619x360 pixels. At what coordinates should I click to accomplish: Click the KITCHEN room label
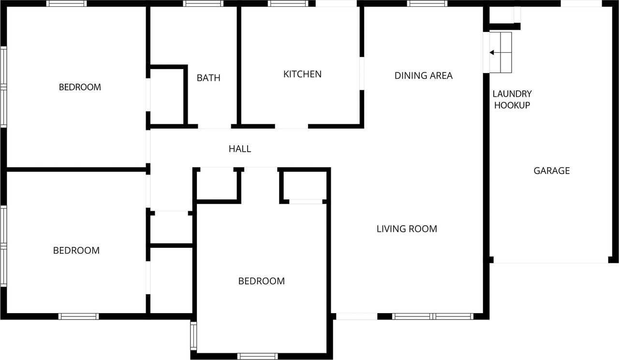pyautogui.click(x=302, y=74)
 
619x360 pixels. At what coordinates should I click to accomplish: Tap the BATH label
pyautogui.click(x=208, y=78)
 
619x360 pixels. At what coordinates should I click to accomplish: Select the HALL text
pyautogui.click(x=240, y=149)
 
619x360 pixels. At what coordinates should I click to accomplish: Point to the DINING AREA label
pyautogui.click(x=424, y=75)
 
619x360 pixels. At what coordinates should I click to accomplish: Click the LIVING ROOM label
pyautogui.click(x=407, y=229)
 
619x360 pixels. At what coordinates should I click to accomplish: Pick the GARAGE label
pyautogui.click(x=552, y=171)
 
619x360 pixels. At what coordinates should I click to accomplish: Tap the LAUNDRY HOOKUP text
pyautogui.click(x=512, y=100)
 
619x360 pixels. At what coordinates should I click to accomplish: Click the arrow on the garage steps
pyautogui.click(x=494, y=53)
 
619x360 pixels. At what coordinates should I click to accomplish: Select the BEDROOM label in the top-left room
pyautogui.click(x=80, y=87)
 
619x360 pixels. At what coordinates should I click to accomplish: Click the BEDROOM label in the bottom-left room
pyautogui.click(x=76, y=251)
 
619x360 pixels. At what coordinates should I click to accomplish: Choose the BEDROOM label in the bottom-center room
pyautogui.click(x=261, y=281)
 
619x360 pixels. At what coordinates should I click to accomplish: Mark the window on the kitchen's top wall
pyautogui.click(x=288, y=3)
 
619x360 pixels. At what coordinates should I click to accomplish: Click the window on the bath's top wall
pyautogui.click(x=203, y=3)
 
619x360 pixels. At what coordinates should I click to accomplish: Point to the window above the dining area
pyautogui.click(x=427, y=3)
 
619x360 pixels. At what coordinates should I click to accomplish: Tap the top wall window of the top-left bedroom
pyautogui.click(x=67, y=3)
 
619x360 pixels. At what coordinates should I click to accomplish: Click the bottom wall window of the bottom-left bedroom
pyautogui.click(x=78, y=317)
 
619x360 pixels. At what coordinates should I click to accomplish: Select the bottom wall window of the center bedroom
pyautogui.click(x=258, y=356)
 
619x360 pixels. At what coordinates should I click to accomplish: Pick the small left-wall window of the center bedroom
pyautogui.click(x=193, y=336)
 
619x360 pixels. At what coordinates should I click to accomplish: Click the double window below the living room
pyautogui.click(x=432, y=317)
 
